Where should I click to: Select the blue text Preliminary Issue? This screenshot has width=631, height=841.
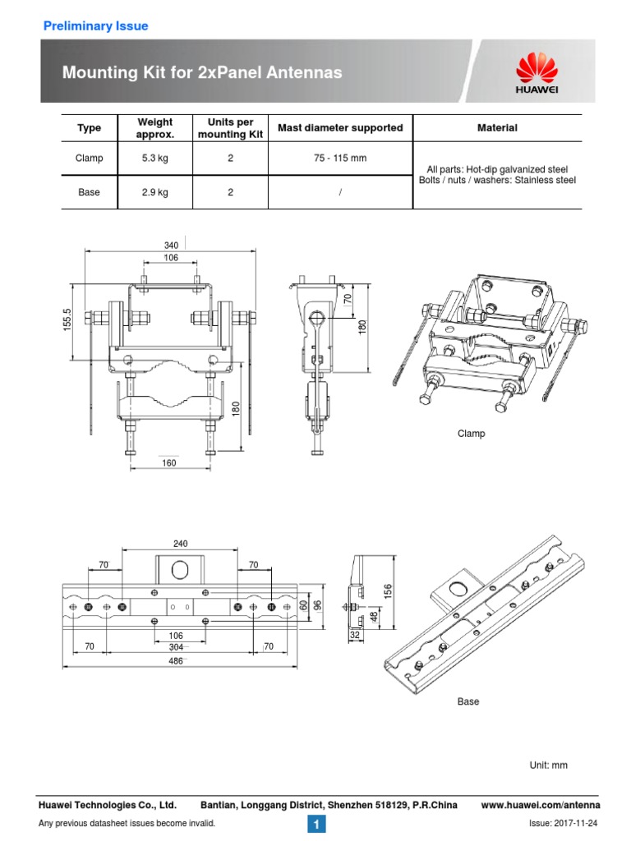(95, 26)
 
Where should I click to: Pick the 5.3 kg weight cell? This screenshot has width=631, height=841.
(154, 158)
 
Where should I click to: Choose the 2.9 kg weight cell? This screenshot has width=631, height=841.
(154, 192)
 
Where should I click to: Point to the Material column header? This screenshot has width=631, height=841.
(497, 128)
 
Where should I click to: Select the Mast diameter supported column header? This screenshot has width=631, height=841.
(340, 128)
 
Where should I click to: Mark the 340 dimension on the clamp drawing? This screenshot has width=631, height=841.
(171, 245)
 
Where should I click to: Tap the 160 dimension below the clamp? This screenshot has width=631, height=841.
(170, 462)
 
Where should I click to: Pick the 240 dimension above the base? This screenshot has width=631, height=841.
(181, 543)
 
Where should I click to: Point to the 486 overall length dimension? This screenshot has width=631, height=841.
(176, 661)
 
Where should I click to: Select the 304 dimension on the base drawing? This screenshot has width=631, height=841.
(176, 647)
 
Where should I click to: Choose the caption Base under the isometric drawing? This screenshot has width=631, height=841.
(468, 702)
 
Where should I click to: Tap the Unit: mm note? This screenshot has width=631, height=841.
(549, 765)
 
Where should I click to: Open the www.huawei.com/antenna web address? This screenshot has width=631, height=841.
(540, 805)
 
